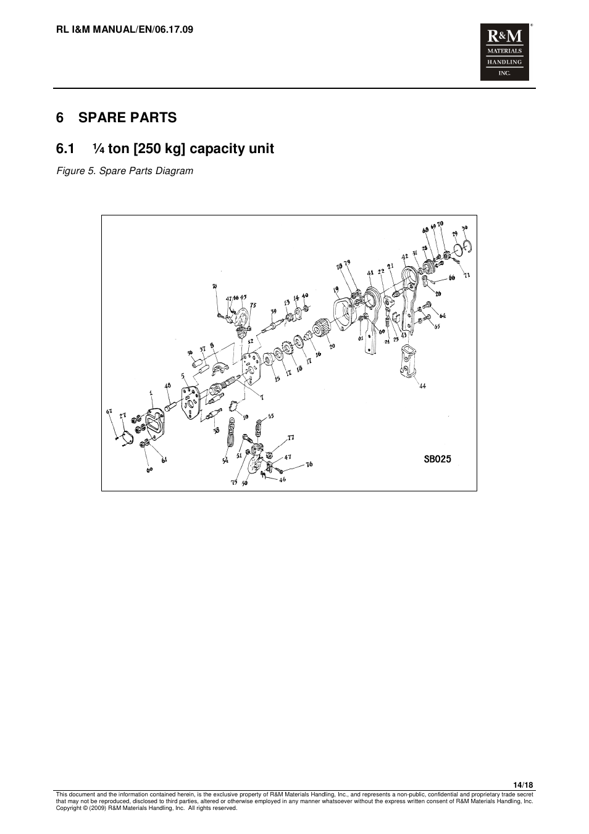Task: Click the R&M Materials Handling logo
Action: (x=504, y=53)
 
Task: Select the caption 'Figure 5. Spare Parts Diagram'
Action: (x=125, y=171)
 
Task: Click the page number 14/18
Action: (x=523, y=785)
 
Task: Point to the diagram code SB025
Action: (x=437, y=459)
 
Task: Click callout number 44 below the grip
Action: (x=422, y=386)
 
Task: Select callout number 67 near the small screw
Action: (x=109, y=412)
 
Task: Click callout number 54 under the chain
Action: (x=225, y=461)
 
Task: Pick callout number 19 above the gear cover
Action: (x=336, y=289)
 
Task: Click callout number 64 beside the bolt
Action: (x=443, y=315)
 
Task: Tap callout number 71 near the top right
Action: (x=467, y=275)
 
